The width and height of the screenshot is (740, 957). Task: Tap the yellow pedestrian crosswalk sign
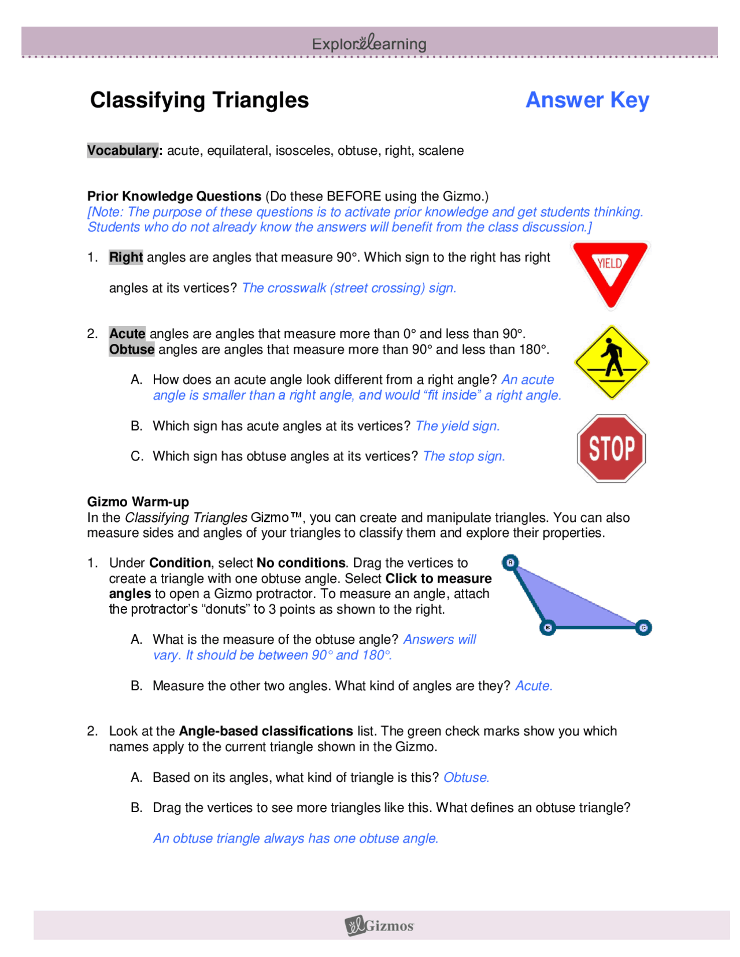pos(611,362)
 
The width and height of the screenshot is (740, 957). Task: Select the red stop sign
pos(611,448)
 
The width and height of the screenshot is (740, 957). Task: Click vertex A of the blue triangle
pos(510,562)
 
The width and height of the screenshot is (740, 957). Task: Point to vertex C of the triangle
pos(643,628)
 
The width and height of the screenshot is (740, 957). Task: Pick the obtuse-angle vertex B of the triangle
pos(547,628)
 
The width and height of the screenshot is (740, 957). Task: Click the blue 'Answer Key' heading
pos(587,100)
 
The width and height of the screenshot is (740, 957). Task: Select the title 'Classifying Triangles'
pos(199,100)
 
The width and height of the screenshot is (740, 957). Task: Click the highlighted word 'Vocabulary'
pos(123,150)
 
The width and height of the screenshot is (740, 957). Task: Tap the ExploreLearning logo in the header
pos(369,43)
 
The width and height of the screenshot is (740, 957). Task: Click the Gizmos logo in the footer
pos(379,926)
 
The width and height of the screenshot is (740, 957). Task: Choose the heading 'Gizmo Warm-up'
pos(138,502)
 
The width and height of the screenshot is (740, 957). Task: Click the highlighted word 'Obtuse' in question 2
pos(132,350)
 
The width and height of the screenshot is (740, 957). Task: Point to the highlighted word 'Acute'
pos(127,334)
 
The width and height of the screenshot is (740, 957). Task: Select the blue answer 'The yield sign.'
pos(457,426)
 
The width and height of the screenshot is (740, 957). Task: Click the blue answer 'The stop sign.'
pos(464,456)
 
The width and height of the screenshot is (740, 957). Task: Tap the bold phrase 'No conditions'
pos(301,563)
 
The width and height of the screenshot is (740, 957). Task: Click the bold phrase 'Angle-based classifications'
pos(266,731)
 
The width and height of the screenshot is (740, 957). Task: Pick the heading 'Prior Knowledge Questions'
pos(175,196)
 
